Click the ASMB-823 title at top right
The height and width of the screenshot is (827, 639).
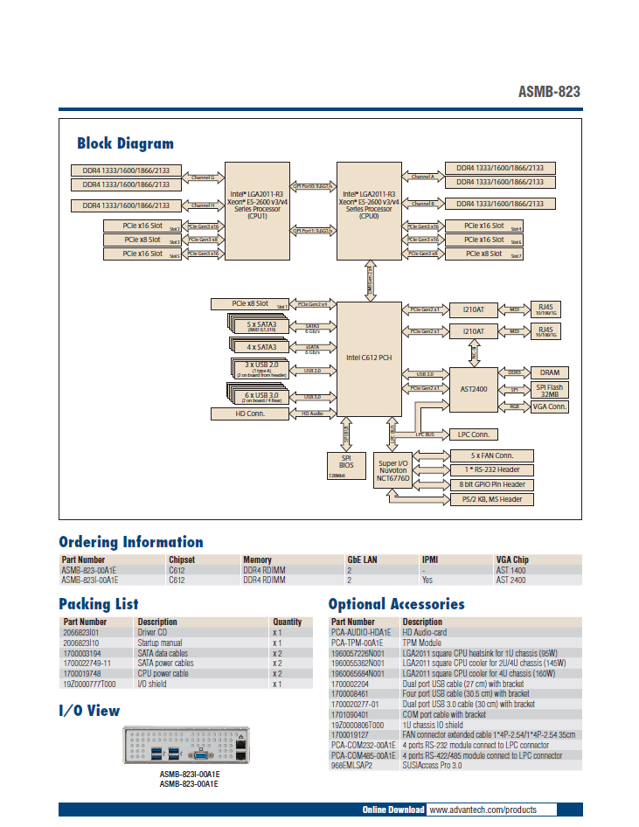coord(549,92)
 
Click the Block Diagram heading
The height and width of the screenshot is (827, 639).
coord(125,143)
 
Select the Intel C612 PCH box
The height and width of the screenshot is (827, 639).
coord(369,358)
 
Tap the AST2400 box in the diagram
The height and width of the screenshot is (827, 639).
coord(473,388)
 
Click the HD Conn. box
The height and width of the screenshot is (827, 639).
coord(250,413)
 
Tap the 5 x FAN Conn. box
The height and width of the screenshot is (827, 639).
coord(490,455)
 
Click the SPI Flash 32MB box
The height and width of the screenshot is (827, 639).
coord(550,390)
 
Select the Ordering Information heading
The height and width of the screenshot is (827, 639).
coord(130,542)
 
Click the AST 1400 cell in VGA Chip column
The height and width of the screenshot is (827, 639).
coord(511,569)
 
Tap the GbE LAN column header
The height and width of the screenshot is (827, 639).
coord(362,559)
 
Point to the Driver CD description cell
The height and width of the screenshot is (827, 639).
coord(153,632)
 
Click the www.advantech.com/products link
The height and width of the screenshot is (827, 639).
coord(483,810)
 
